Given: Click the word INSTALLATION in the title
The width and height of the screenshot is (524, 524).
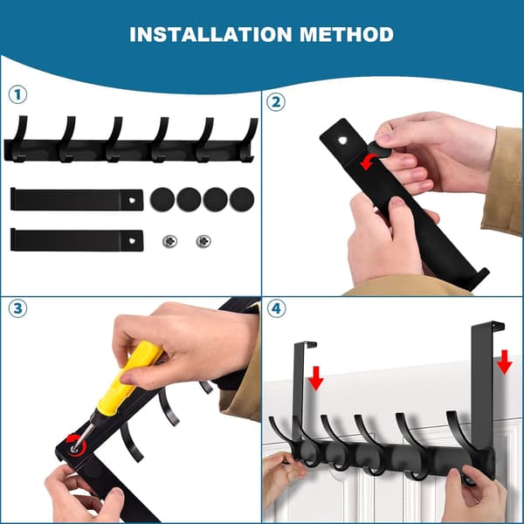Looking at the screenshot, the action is [x=210, y=34].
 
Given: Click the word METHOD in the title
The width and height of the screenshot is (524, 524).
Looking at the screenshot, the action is [x=347, y=34].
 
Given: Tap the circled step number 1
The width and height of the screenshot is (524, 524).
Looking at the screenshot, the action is [x=17, y=94].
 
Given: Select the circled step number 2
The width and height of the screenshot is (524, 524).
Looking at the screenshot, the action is [x=276, y=102].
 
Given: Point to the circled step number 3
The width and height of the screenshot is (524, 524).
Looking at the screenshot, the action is [x=17, y=308].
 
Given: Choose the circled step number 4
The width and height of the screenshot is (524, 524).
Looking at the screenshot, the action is [x=276, y=308].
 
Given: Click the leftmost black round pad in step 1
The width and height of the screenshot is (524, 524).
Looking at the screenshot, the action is [x=162, y=199].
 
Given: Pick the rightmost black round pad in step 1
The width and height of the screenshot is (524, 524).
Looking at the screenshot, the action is [x=242, y=199].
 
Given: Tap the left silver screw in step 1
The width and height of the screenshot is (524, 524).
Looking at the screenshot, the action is [x=169, y=241].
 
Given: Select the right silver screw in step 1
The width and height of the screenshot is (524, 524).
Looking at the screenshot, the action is [x=203, y=241].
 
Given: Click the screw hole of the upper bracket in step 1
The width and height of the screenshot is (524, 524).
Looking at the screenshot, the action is [x=132, y=200].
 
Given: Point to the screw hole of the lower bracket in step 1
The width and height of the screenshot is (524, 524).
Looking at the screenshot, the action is [x=132, y=241].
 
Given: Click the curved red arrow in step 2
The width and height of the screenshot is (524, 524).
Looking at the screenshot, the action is [x=368, y=162].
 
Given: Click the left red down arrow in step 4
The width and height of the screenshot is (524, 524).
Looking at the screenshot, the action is [x=315, y=378].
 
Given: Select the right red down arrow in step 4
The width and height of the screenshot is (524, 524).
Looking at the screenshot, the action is [x=504, y=362].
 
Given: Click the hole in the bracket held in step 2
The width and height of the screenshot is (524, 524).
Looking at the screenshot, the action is [x=343, y=141].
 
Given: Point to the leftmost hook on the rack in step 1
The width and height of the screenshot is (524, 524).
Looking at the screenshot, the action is [x=19, y=139].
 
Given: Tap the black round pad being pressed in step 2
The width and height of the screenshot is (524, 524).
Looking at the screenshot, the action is [x=379, y=149].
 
